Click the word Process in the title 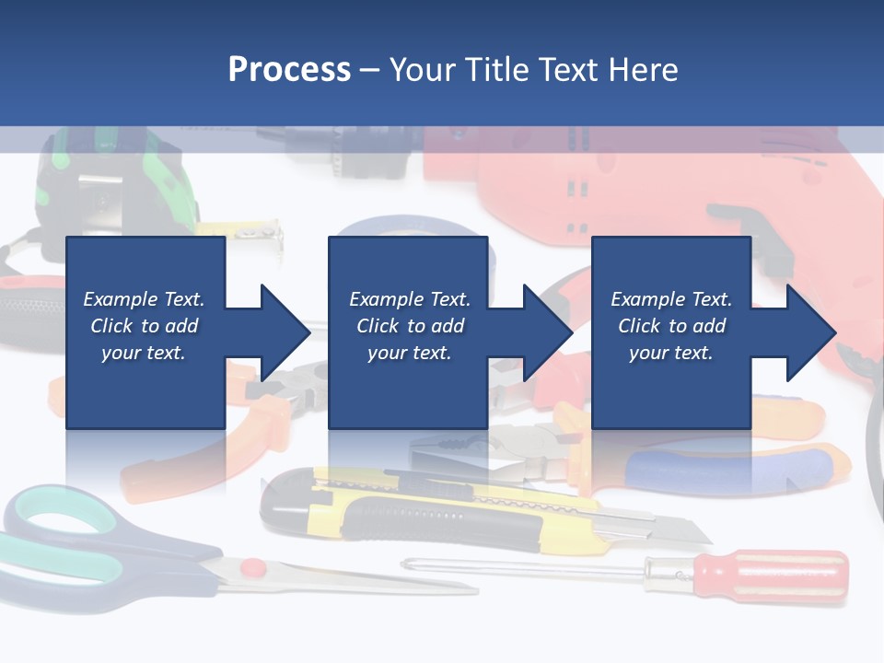[289, 70]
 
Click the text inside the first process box [144, 326]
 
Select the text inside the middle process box [409, 326]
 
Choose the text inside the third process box [670, 326]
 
